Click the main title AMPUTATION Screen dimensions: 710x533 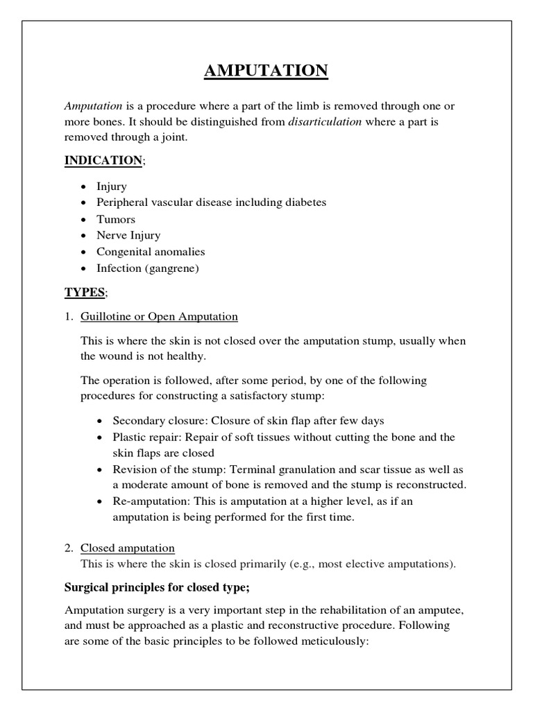pyautogui.click(x=266, y=71)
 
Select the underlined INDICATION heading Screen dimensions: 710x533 pyautogui.click(x=103, y=160)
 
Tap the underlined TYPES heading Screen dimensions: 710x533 pyautogui.click(x=84, y=292)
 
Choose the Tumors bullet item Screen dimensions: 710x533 pyautogui.click(x=116, y=219)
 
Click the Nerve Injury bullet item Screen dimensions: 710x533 pyautogui.click(x=128, y=236)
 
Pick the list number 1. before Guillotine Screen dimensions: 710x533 pyautogui.click(x=69, y=317)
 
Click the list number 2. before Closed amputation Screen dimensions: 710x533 pyautogui.click(x=69, y=548)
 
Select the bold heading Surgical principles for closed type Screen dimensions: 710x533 pyautogui.click(x=157, y=587)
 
